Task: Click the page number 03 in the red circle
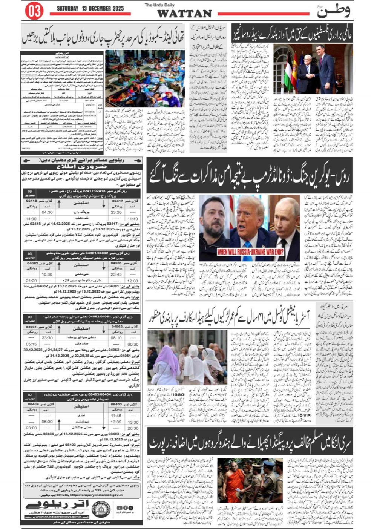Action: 34,11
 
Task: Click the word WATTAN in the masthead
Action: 184,14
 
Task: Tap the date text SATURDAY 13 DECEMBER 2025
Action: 90,8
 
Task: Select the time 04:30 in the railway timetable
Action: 47,212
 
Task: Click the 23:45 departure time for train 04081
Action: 116,274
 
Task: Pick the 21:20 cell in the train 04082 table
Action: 31,281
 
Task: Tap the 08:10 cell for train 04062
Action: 116,338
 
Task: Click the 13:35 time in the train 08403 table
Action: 116,422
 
